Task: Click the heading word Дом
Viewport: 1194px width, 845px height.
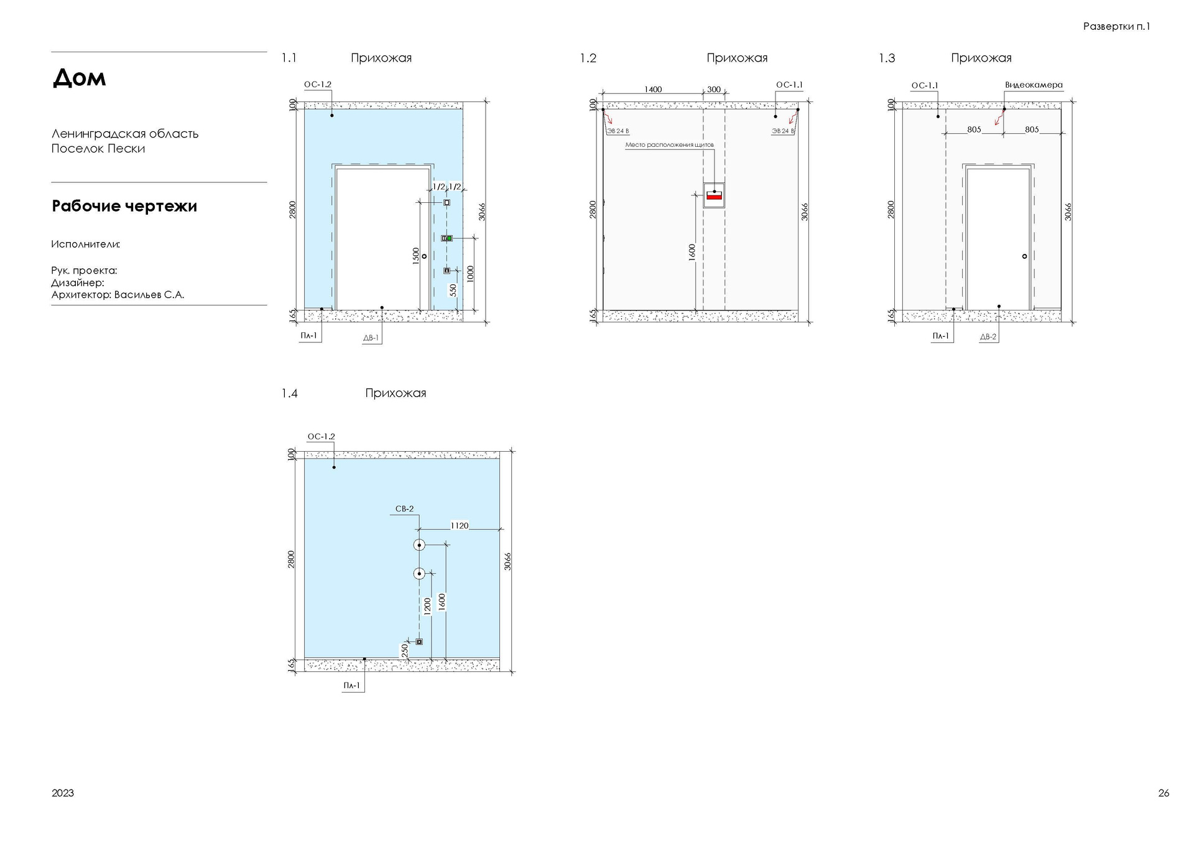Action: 79,78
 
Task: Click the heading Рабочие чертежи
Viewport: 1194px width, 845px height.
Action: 124,206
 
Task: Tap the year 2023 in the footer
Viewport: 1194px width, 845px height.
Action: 63,793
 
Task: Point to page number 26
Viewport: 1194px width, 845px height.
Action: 1164,793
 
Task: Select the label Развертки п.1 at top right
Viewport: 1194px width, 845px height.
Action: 1116,26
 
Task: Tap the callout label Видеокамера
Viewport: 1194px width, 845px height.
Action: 1034,85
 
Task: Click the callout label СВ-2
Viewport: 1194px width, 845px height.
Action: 404,509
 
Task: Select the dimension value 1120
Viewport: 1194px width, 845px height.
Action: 460,526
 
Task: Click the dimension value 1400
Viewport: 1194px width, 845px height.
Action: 653,90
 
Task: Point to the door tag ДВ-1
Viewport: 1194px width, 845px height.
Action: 371,338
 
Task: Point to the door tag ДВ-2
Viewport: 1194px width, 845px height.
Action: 988,337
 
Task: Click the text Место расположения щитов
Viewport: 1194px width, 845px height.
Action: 669,145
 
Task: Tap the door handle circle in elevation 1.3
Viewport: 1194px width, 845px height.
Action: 1025,256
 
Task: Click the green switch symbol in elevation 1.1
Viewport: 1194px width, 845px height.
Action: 449,238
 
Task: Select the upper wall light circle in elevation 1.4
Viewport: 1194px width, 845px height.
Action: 419,545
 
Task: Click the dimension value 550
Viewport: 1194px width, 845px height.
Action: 453,291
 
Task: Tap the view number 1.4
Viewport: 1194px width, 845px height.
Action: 289,393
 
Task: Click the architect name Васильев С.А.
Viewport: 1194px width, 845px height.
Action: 149,295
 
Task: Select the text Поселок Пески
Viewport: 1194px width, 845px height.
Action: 98,149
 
